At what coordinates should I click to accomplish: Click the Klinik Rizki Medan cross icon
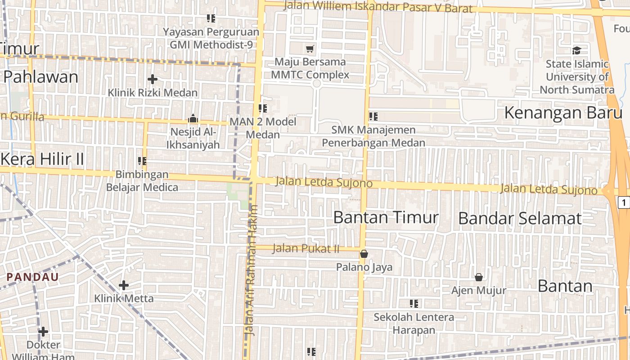(x=153, y=79)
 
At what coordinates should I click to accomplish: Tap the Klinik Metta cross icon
(x=123, y=285)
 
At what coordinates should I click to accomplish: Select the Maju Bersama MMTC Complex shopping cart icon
(x=310, y=49)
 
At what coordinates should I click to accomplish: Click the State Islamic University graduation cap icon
(x=576, y=50)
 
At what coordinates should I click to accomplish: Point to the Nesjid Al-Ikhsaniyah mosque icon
(x=193, y=119)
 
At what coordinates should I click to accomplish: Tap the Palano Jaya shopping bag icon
(x=364, y=254)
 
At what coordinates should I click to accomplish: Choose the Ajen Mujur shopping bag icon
(x=479, y=277)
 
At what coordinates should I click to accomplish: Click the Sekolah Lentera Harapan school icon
(x=414, y=304)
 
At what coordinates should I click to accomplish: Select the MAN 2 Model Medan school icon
(x=262, y=108)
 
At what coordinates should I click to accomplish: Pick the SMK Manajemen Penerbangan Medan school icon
(x=373, y=117)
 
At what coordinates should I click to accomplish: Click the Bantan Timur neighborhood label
(x=386, y=218)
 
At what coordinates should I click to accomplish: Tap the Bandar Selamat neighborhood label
(x=520, y=219)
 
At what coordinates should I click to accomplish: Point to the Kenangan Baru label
(x=563, y=112)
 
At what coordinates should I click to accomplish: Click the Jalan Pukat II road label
(x=306, y=248)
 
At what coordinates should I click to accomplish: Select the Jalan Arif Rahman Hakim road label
(x=250, y=270)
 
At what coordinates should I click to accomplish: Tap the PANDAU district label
(x=33, y=277)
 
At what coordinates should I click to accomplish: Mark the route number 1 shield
(x=624, y=202)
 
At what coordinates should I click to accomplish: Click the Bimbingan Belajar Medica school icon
(x=142, y=161)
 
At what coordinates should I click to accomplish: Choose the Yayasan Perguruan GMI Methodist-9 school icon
(x=211, y=18)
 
